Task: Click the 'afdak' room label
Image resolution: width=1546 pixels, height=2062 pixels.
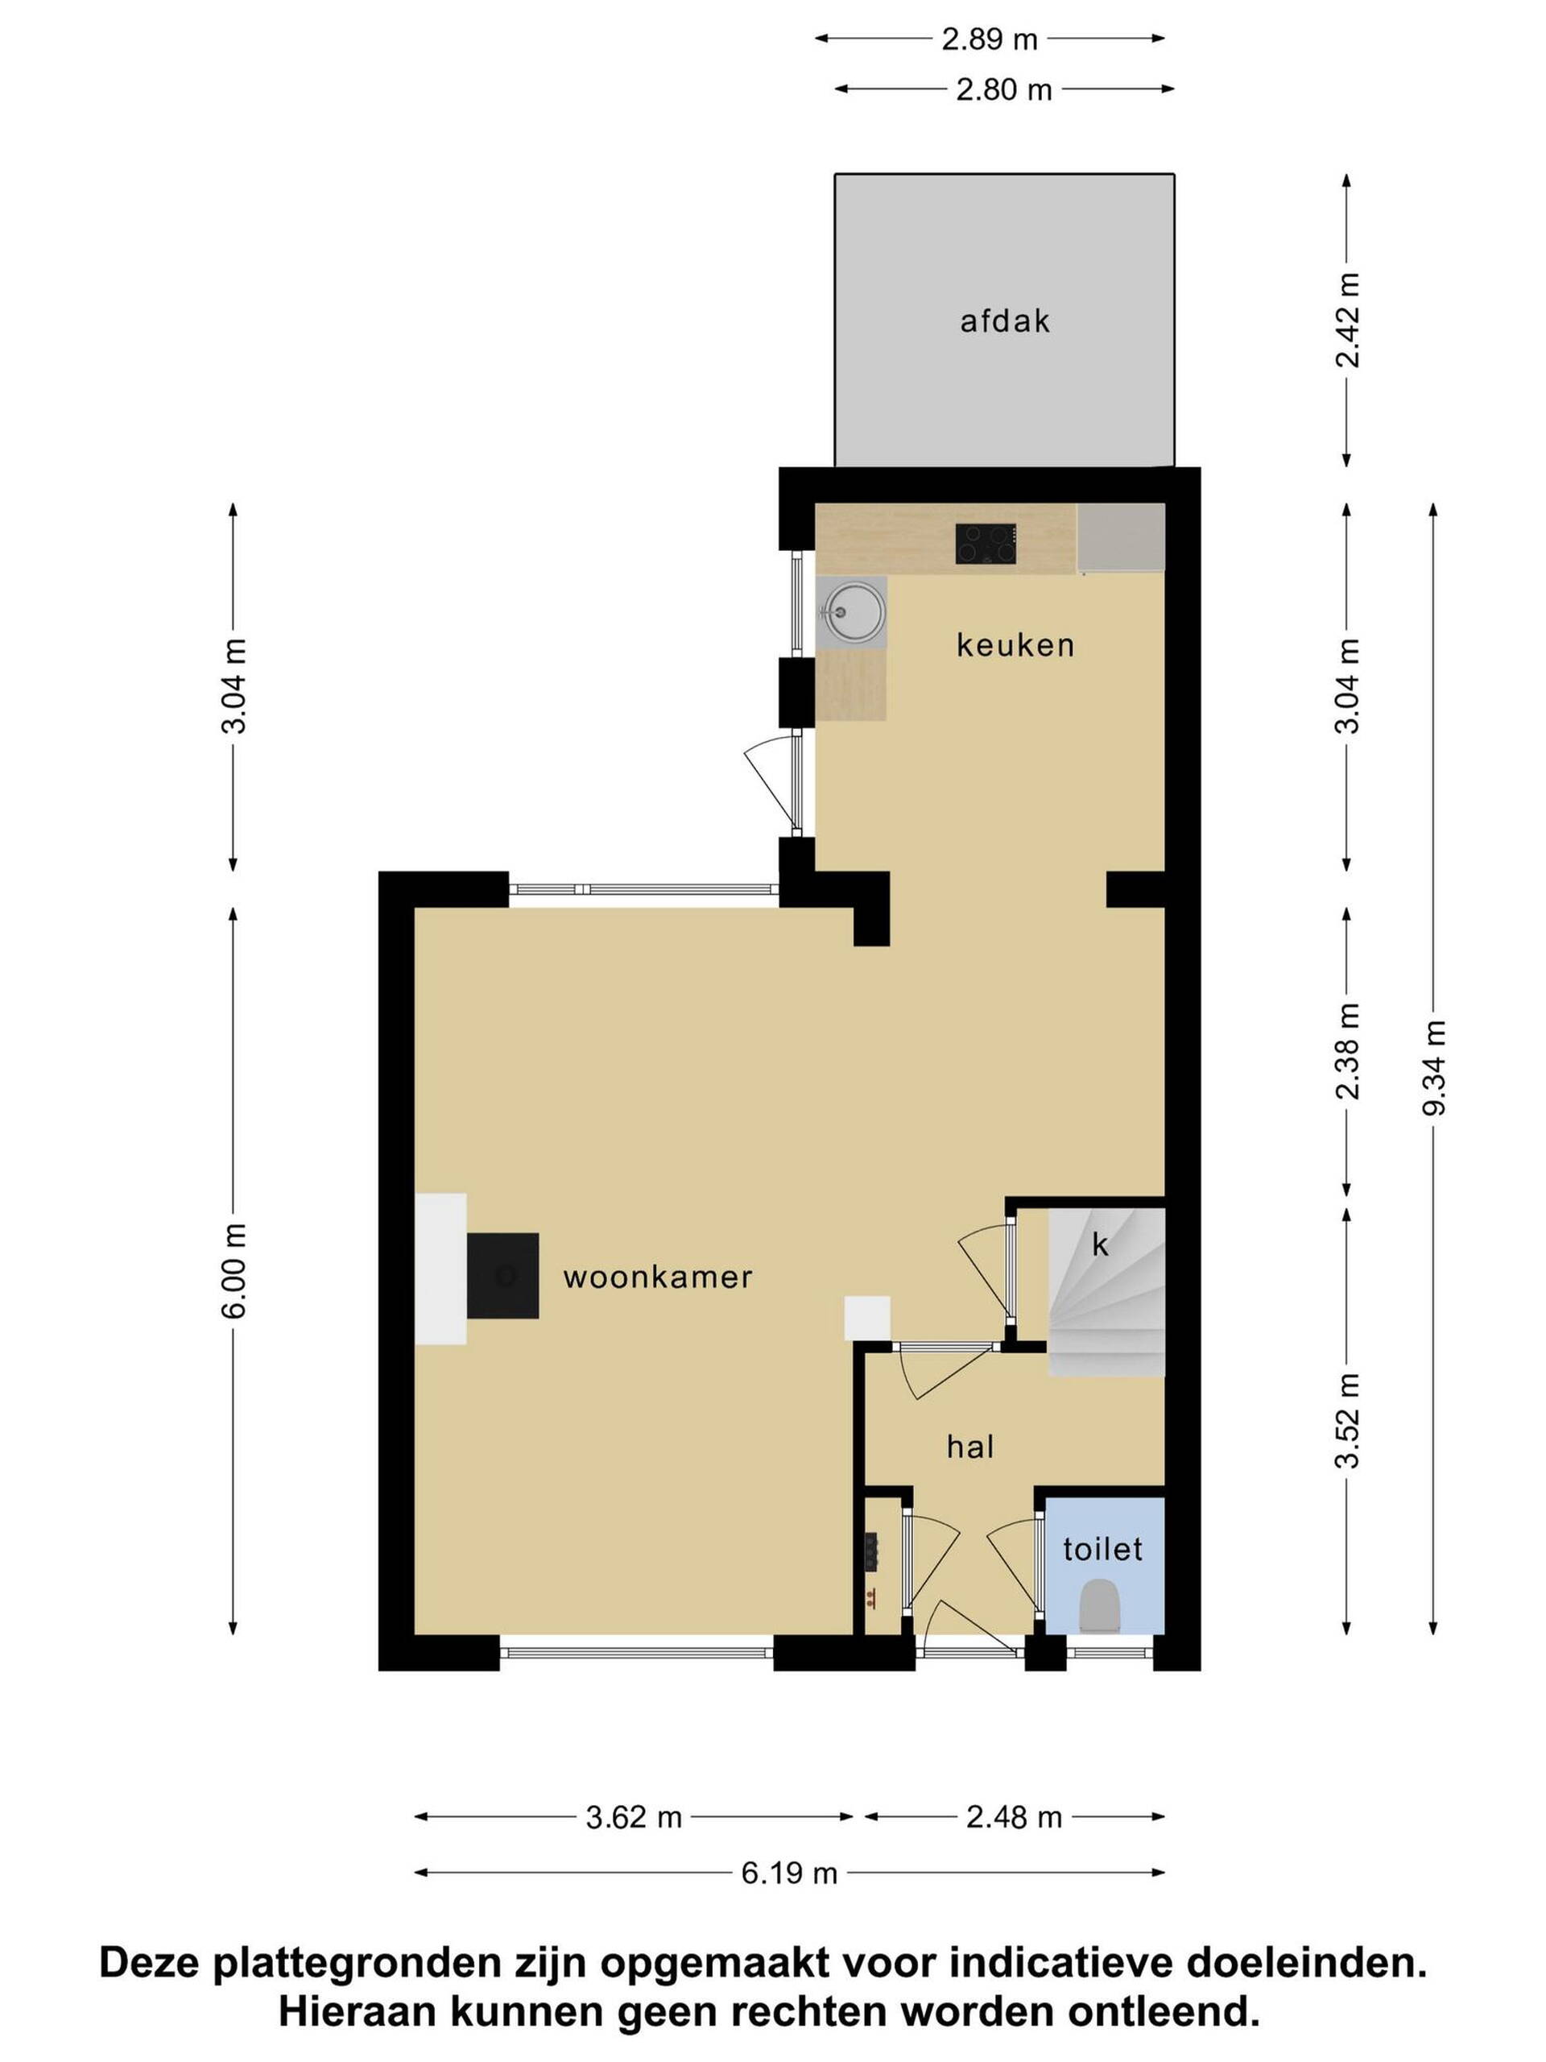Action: (1005, 321)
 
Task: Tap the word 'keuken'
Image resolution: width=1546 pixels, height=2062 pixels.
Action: (1015, 644)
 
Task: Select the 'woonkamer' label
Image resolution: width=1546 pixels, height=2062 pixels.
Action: (658, 1277)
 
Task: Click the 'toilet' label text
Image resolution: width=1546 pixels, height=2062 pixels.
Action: (1103, 1548)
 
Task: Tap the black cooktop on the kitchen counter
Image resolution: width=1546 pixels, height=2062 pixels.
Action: (986, 544)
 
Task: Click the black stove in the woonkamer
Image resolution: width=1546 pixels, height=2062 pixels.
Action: (503, 1275)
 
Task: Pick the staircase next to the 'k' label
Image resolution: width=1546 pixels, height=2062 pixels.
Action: (1107, 1292)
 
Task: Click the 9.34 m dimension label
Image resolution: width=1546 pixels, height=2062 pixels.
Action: (1434, 1068)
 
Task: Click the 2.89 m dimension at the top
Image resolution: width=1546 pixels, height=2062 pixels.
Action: (990, 39)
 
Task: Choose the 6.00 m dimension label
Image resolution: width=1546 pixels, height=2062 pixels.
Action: (235, 1270)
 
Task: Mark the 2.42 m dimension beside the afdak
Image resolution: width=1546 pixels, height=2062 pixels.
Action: (1347, 320)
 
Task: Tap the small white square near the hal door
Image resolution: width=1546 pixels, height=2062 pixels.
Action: (867, 1318)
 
